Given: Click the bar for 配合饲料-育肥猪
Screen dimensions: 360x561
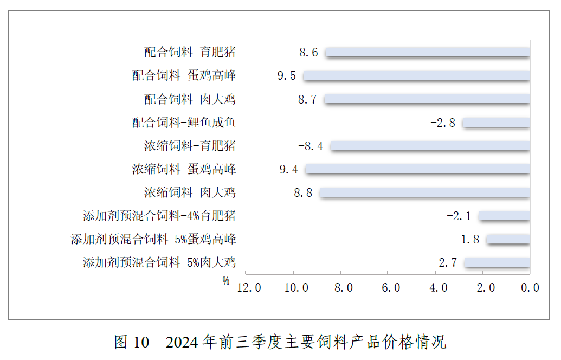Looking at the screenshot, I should click(428, 52).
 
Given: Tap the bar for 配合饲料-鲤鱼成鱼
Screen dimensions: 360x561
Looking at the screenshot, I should click(496, 123).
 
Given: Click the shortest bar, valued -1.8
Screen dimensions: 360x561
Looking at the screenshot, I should click(508, 239).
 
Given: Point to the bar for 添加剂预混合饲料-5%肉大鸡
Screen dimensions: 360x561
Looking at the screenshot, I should click(497, 263).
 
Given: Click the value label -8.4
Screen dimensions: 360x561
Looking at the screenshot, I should click(311, 146).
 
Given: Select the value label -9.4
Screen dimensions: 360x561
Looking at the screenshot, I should click(286, 170).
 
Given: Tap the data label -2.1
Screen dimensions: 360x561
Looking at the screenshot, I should click(459, 216).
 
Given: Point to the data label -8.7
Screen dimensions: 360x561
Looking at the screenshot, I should click(304, 99).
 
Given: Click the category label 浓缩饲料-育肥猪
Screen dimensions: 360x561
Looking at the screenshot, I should click(190, 146).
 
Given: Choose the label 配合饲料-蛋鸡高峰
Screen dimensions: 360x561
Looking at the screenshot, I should click(184, 75).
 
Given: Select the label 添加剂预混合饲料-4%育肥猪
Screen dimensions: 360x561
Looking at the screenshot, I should click(159, 216).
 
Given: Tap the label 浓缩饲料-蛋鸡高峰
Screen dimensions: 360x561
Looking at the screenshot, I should click(184, 170).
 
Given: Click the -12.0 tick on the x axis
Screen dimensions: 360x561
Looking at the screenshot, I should click(246, 288).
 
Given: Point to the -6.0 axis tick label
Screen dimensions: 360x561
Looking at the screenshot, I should click(388, 288).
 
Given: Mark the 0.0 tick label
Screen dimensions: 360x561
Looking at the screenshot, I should click(530, 288).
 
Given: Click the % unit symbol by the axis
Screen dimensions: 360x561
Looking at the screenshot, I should click(225, 281).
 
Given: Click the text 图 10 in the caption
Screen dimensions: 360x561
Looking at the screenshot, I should click(131, 343).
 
